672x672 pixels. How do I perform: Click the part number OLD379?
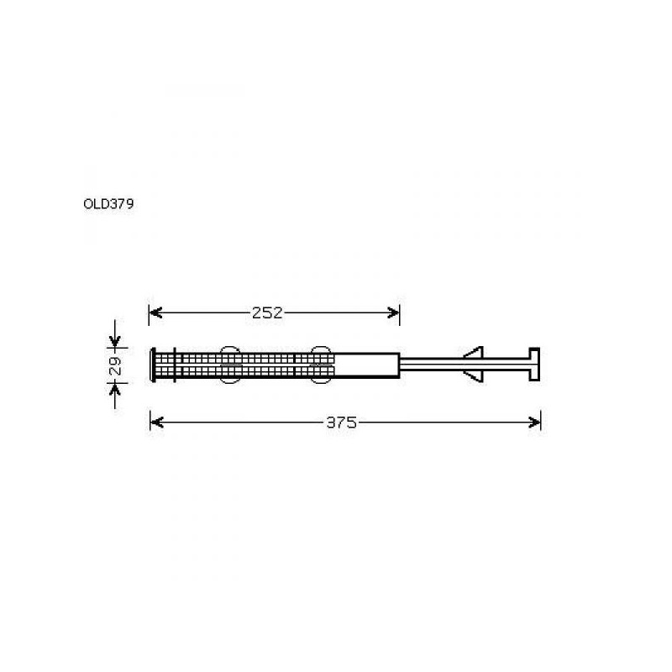(x=108, y=204)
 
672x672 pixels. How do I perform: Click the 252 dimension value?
(x=267, y=312)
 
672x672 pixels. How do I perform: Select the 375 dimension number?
(x=341, y=423)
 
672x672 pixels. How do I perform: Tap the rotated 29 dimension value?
(x=115, y=365)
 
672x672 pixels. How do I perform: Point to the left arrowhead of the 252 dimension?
(x=155, y=312)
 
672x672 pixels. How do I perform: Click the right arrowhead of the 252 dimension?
(x=393, y=312)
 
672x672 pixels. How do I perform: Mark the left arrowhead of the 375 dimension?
(x=157, y=423)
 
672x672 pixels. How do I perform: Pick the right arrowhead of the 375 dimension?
(x=534, y=423)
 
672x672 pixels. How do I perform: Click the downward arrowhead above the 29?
(x=115, y=341)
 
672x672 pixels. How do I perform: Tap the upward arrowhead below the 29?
(x=115, y=389)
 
